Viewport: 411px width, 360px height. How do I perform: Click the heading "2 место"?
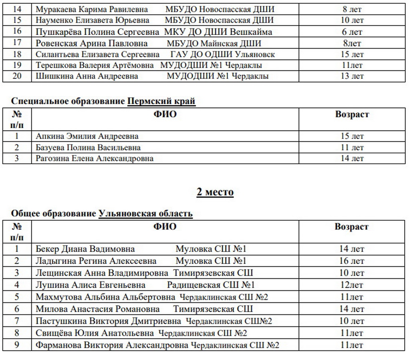point(215,192)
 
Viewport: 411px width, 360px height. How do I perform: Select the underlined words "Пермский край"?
point(161,101)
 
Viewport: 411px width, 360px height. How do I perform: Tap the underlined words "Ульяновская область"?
point(145,213)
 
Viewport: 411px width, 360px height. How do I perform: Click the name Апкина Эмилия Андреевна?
point(87,136)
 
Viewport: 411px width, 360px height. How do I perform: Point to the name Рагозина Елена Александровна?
point(95,158)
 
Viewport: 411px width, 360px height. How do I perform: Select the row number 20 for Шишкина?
point(17,76)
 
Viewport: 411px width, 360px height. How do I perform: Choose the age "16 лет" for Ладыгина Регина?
point(352,261)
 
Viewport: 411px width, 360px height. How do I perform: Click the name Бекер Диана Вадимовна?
point(85,249)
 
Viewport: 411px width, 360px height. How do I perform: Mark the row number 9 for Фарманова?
point(17,345)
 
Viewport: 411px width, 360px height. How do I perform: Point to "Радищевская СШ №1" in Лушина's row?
point(211,285)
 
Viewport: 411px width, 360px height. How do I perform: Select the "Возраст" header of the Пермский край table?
point(352,115)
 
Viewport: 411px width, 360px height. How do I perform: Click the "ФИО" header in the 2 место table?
point(165,227)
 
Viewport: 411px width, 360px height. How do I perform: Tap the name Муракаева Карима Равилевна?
point(92,9)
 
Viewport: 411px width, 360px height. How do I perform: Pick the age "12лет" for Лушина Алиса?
point(352,285)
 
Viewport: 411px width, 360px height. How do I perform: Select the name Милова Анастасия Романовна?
point(97,309)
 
